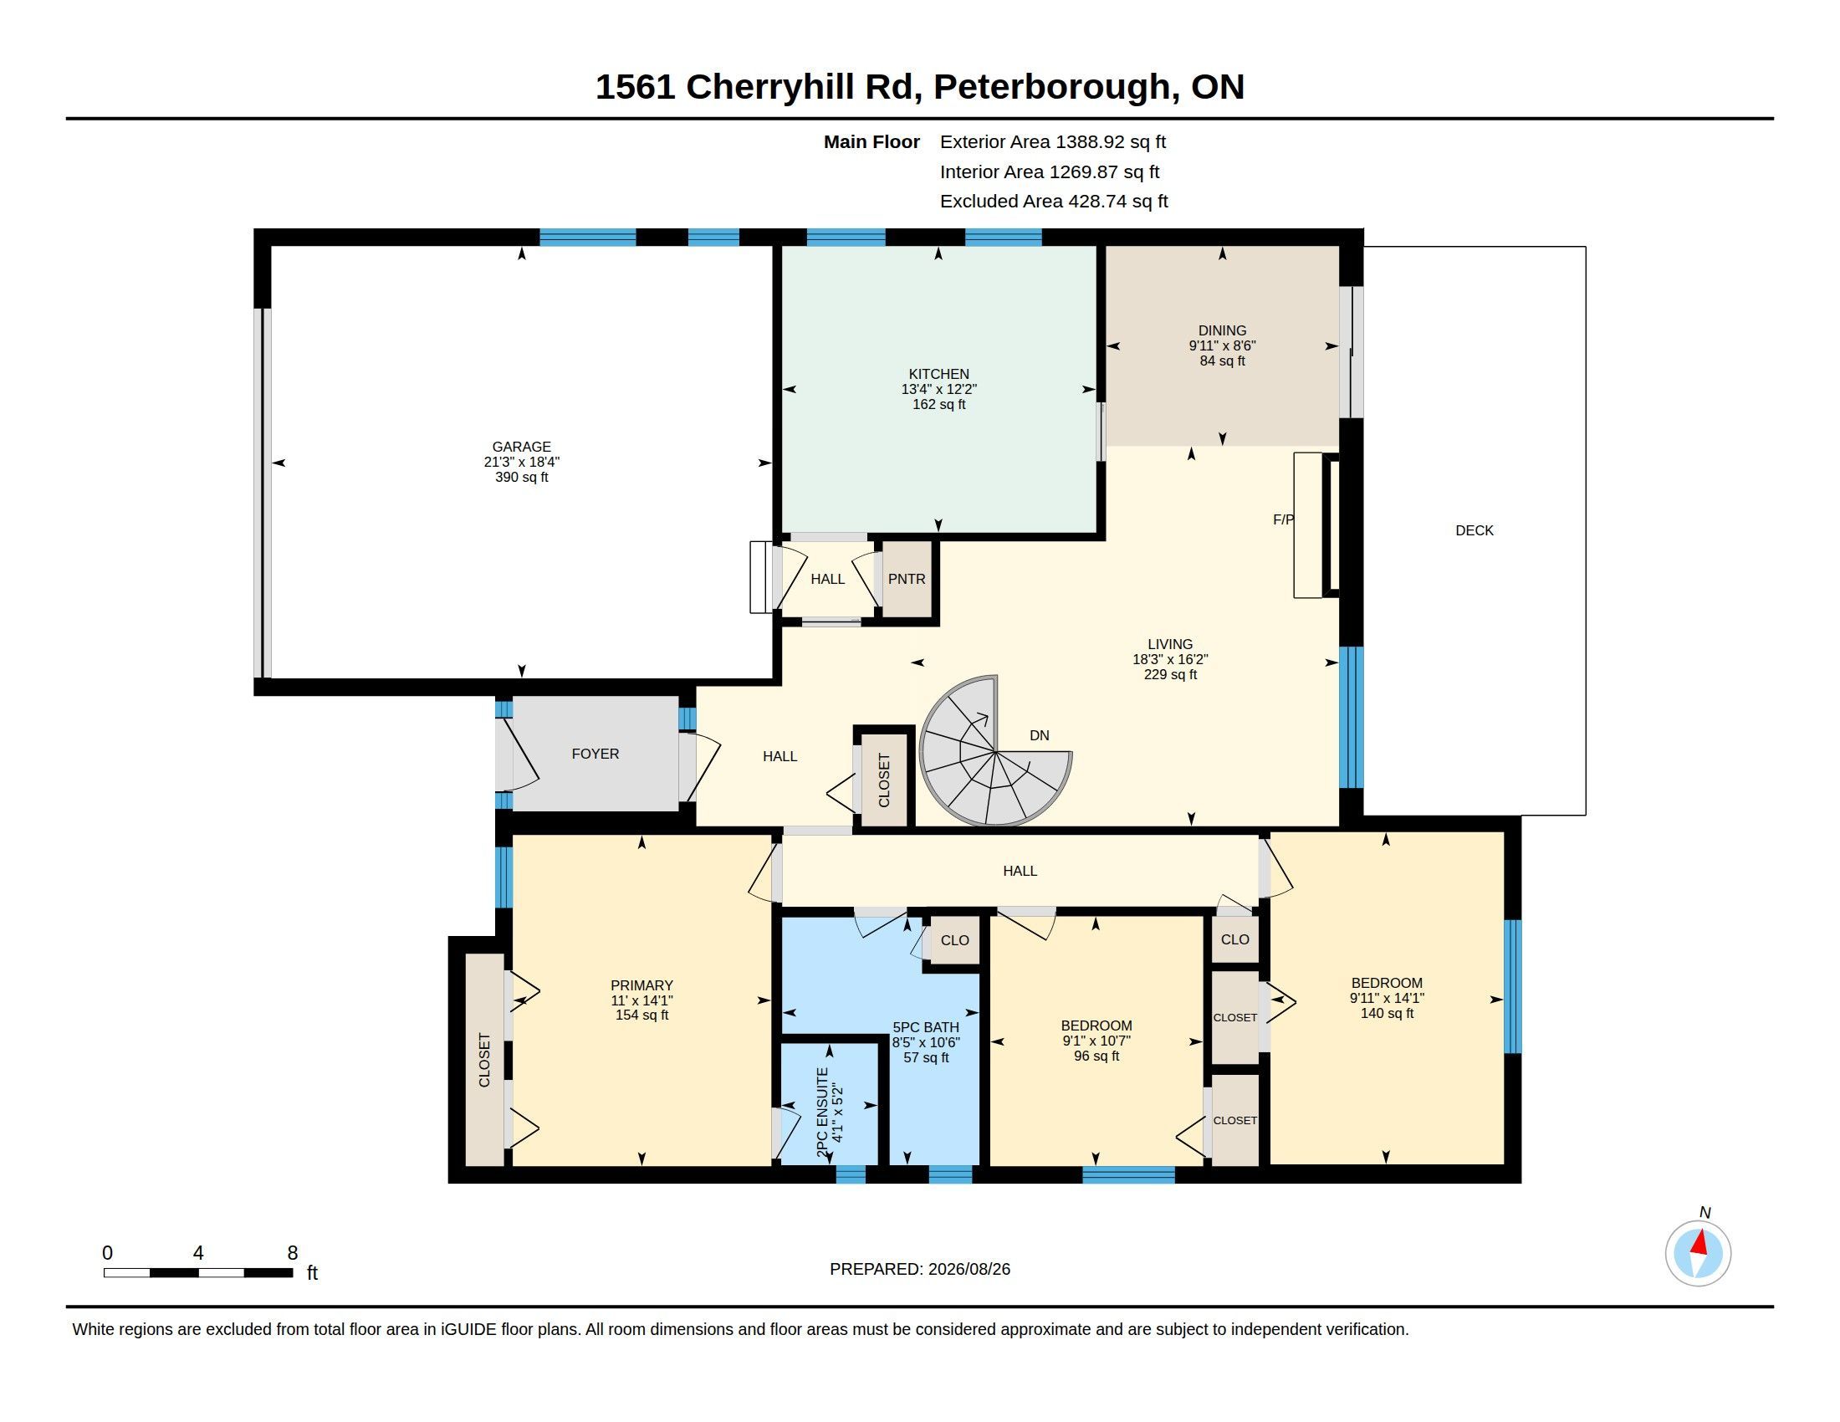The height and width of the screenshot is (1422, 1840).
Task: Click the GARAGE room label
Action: pyautogui.click(x=522, y=447)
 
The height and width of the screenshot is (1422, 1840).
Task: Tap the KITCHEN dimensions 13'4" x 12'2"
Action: pyautogui.click(x=938, y=389)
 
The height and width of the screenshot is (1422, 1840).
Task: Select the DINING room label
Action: pyautogui.click(x=1222, y=330)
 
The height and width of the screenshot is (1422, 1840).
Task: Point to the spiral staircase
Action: pyautogui.click(x=995, y=750)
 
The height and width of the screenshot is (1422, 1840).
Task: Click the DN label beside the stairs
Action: pyautogui.click(x=1039, y=735)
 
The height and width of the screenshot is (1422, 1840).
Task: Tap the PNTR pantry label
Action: pyautogui.click(x=907, y=579)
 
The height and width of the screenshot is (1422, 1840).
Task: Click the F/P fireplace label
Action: pyautogui.click(x=1283, y=519)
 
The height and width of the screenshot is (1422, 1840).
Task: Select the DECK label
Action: pyautogui.click(x=1475, y=529)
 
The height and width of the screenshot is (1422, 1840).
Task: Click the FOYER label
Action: pyautogui.click(x=595, y=754)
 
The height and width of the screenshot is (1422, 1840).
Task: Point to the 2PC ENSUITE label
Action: pyautogui.click(x=823, y=1113)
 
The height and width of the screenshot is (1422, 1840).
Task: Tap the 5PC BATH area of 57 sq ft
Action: pyautogui.click(x=926, y=1057)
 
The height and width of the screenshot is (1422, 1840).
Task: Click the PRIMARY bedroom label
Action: pyautogui.click(x=642, y=985)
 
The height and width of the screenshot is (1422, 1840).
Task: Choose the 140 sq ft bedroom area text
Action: pyautogui.click(x=1387, y=1014)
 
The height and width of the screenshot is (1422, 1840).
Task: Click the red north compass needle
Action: pyautogui.click(x=1700, y=1241)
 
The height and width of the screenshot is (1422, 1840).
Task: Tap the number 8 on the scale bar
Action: pyautogui.click(x=293, y=1253)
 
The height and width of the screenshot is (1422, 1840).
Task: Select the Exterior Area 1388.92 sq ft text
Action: pyautogui.click(x=1052, y=141)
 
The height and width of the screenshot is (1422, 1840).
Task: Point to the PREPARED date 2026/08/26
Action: pyautogui.click(x=969, y=1269)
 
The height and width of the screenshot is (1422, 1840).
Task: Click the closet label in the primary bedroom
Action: pyautogui.click(x=484, y=1060)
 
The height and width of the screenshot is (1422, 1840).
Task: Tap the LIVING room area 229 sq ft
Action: pyautogui.click(x=1170, y=675)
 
